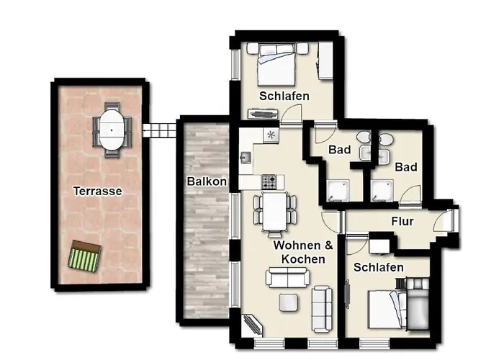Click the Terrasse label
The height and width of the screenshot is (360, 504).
98,192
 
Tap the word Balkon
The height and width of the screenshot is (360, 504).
207,181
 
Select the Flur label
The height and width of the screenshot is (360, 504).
402,222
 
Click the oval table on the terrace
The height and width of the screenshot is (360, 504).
112,130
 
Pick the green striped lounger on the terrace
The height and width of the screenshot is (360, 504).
85,256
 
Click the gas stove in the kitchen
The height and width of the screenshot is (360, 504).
269,182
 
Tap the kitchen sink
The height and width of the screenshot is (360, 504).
246,158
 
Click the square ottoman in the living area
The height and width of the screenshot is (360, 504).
288,302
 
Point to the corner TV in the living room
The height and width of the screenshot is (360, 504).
252,324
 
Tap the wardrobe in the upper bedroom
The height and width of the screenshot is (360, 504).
325,60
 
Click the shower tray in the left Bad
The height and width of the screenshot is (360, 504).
338,191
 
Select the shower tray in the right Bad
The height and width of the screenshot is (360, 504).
382,191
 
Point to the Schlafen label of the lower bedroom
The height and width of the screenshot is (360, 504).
378,267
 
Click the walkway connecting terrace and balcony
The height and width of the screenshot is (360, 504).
159,130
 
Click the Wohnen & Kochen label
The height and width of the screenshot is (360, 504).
303,252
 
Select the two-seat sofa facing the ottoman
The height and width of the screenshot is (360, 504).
288,277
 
